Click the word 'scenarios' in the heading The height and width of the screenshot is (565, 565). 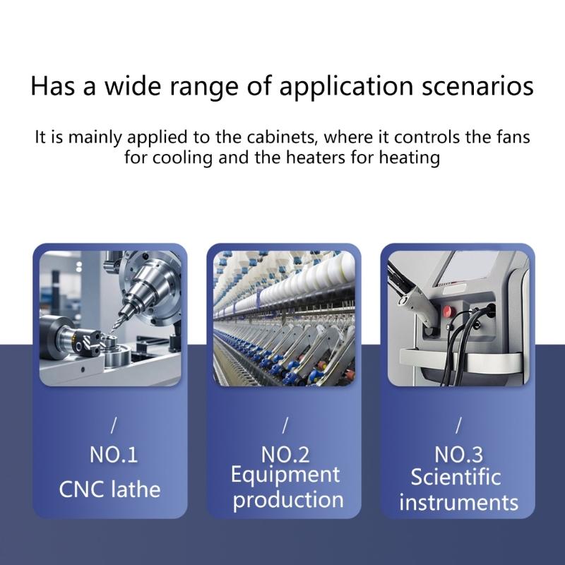tap(477, 85)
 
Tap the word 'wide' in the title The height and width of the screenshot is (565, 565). tap(132, 85)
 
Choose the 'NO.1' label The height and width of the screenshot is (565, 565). tap(114, 455)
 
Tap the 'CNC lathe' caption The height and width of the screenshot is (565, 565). tap(109, 489)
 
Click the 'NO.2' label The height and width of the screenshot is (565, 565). tap(285, 455)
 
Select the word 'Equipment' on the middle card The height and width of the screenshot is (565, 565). tap(285, 475)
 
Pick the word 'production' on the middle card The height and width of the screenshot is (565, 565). tap(288, 501)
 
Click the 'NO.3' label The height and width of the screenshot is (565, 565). tap(458, 455)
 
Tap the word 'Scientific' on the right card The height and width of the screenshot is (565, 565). tap(456, 477)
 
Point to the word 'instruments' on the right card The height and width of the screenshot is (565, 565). tap(458, 502)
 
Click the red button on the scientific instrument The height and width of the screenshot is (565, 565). tap(448, 311)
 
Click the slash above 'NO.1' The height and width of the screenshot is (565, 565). tap(114, 425)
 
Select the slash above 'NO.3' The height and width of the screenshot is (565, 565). tap(458, 425)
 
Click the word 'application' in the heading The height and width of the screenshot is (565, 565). tap(346, 86)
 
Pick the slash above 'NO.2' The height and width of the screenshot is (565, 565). tap(285, 425)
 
